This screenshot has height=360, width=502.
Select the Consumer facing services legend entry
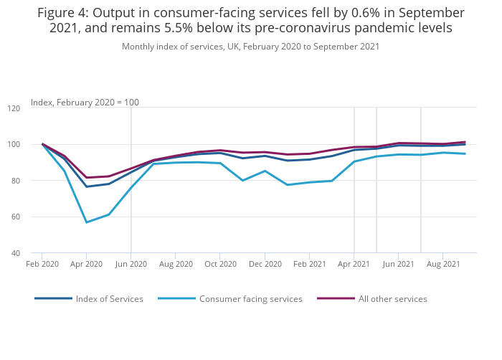point(250,299)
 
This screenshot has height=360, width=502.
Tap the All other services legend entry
point(392,299)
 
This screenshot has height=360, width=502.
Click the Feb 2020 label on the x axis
point(42,265)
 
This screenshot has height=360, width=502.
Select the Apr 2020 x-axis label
point(87,265)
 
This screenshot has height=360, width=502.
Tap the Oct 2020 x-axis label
point(220,265)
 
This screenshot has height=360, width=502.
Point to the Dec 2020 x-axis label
point(265,265)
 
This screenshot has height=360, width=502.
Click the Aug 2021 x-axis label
point(442,265)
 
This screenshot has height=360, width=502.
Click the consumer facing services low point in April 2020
point(87,222)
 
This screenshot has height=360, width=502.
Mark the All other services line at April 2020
point(87,178)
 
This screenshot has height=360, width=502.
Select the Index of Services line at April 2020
point(87,186)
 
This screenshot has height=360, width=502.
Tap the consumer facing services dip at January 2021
point(287,185)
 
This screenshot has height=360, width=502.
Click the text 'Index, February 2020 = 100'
point(85,103)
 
